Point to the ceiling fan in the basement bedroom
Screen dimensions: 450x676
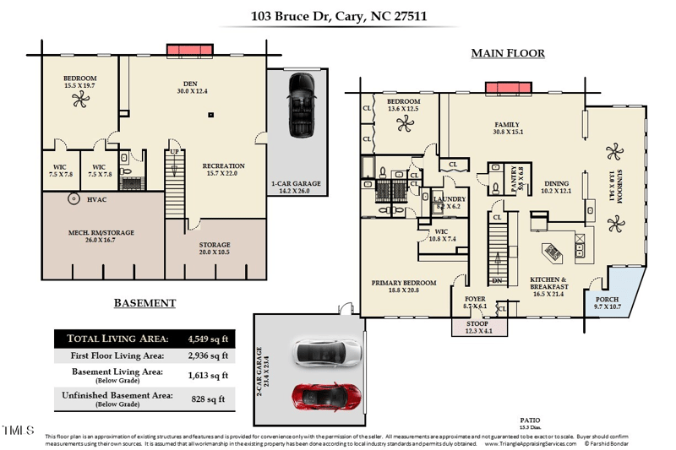point(79,100)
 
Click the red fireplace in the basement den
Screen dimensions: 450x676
point(190,51)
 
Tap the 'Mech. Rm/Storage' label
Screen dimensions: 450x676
point(101,232)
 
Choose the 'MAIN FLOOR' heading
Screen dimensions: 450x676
point(507,53)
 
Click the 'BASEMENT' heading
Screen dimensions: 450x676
point(144,303)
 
